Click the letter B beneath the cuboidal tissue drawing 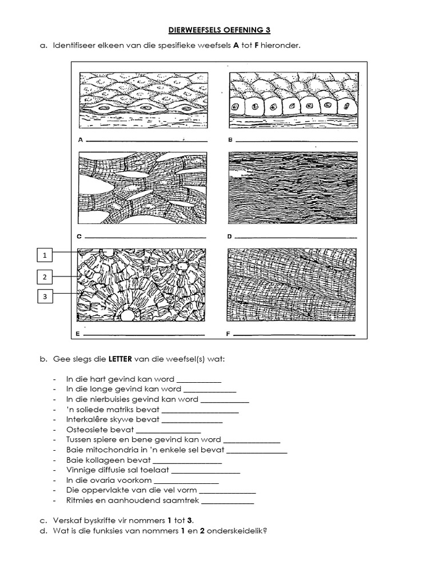(230, 139)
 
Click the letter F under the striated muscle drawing (230, 332)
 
